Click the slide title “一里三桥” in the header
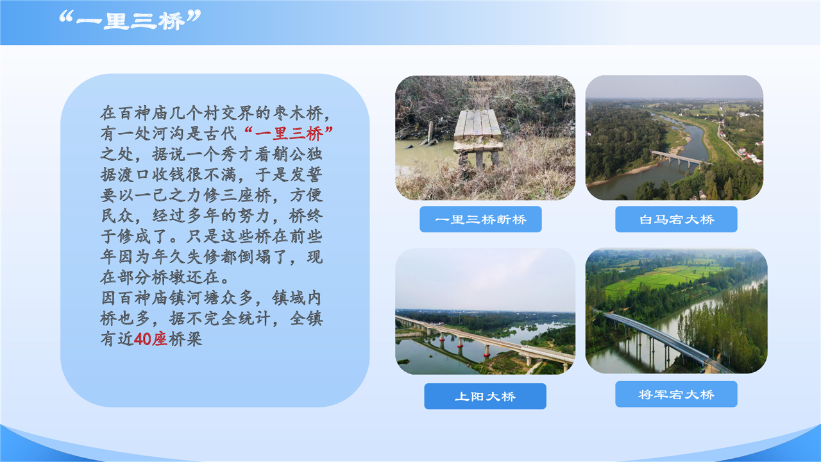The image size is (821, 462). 130,20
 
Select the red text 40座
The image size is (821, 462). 150,339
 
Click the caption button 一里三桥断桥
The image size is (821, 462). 480,219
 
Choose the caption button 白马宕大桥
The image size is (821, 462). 676,219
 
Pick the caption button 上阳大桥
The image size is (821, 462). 485,397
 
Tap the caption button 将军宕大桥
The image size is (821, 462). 676,394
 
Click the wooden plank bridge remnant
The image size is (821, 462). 478,135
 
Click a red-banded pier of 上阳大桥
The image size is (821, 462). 487,351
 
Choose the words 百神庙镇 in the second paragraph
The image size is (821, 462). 151,298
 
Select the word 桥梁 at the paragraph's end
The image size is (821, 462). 185,339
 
